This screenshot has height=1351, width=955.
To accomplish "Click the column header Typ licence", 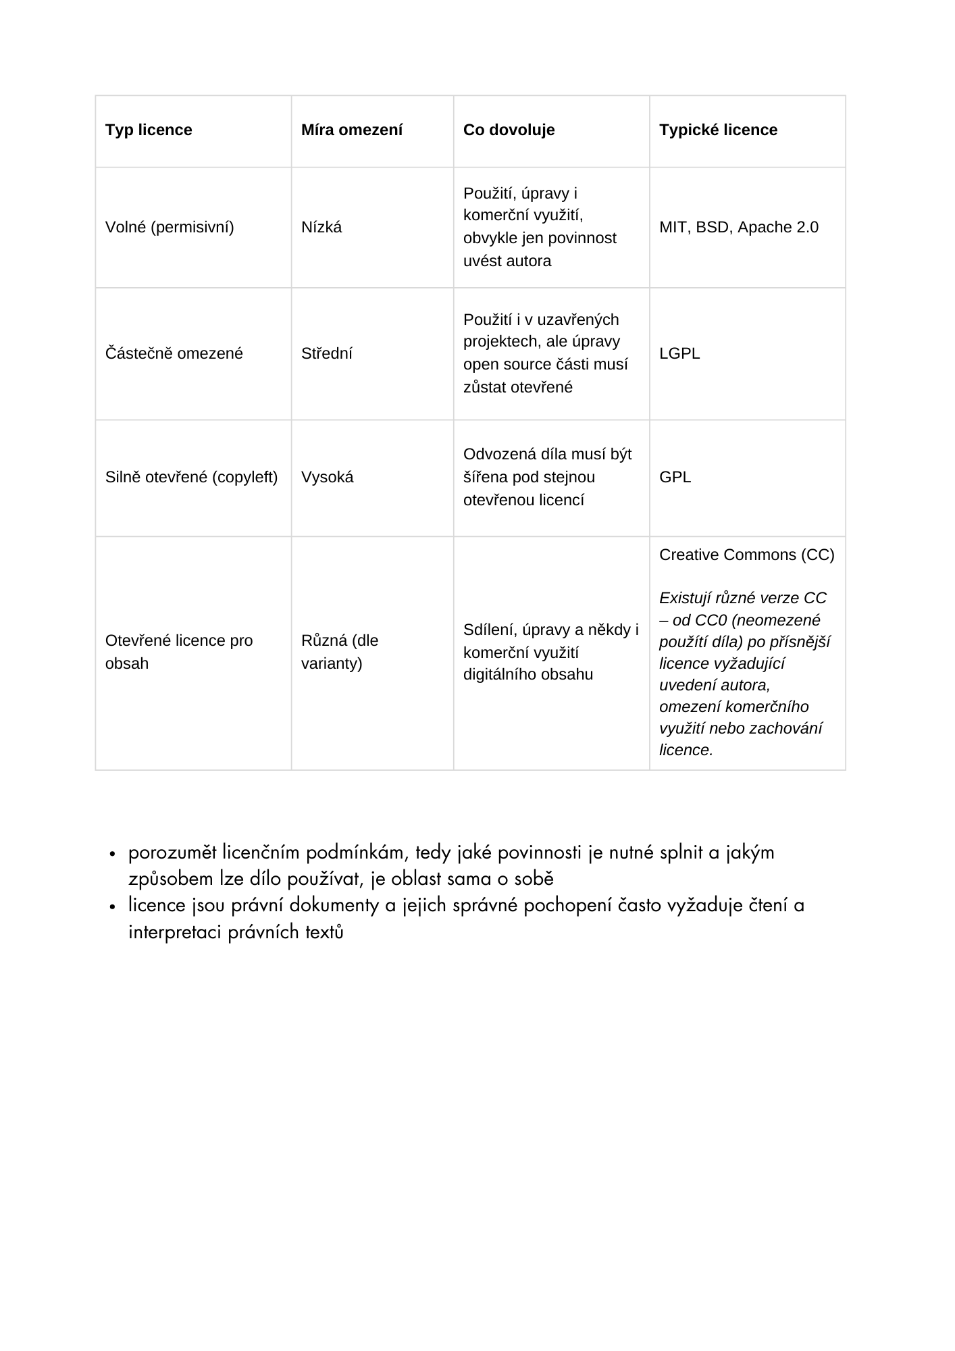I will [x=149, y=130].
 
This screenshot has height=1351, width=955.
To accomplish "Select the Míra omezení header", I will [x=351, y=130].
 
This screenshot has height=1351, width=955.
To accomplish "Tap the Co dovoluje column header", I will [x=509, y=130].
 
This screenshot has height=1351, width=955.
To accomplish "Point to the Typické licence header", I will [x=718, y=130].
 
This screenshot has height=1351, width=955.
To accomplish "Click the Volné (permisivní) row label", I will [x=170, y=228].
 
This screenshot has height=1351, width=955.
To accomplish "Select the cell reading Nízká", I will [x=321, y=228].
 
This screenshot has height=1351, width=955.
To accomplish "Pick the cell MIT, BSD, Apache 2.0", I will [x=738, y=228].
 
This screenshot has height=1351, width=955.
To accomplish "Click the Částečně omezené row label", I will [x=174, y=354].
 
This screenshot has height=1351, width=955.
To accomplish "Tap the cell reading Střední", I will [x=326, y=354].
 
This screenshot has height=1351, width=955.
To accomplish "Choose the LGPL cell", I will [x=679, y=354].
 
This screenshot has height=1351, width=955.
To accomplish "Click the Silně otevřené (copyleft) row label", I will [x=191, y=478].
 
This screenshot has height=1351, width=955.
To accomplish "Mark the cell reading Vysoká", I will [x=327, y=478].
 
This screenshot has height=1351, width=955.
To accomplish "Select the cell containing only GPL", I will [x=675, y=478].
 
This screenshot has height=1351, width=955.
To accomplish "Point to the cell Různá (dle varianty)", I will [x=339, y=652].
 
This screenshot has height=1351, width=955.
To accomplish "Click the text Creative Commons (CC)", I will [x=746, y=555].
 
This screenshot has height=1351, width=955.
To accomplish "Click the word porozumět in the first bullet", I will [x=173, y=853].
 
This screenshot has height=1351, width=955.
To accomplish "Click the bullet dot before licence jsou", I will [x=113, y=907].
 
